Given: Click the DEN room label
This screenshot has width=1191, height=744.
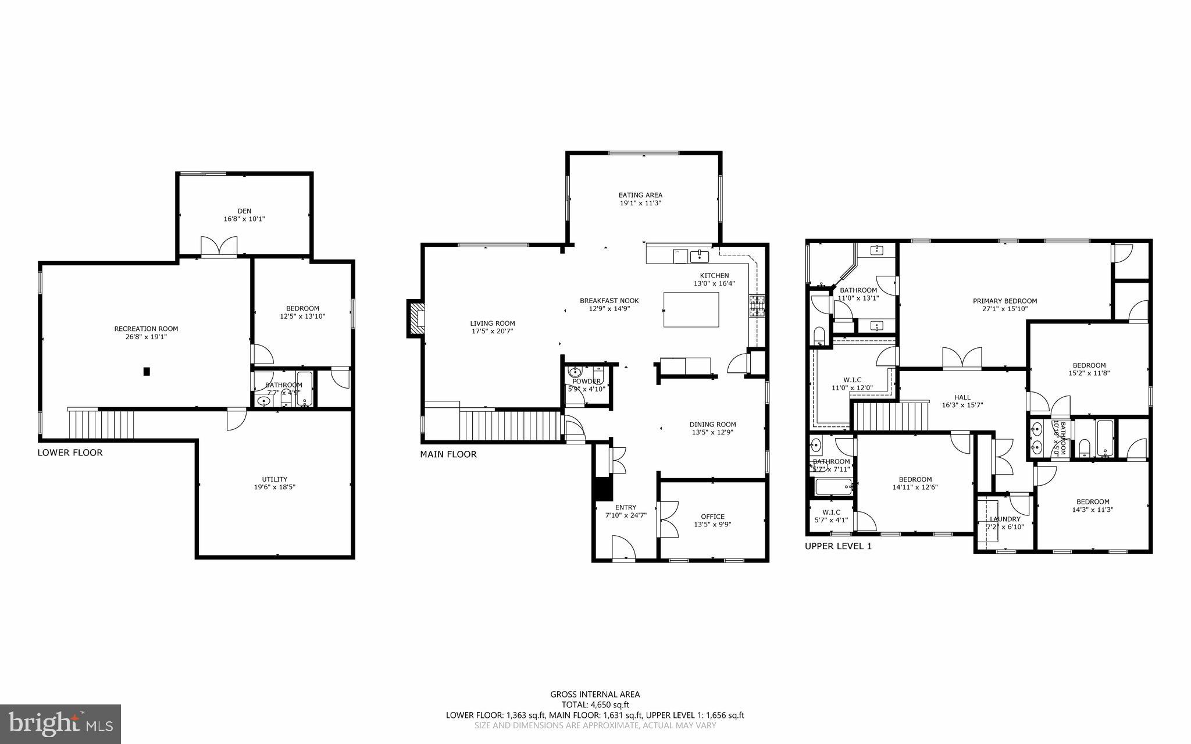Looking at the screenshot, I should click(244, 211).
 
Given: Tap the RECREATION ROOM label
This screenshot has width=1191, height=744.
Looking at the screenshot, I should click(146, 329).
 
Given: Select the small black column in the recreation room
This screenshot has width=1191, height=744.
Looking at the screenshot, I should click(147, 371).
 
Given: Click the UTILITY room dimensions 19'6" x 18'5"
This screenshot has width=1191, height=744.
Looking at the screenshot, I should click(274, 487).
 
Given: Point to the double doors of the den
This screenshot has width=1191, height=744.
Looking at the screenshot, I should click(219, 247).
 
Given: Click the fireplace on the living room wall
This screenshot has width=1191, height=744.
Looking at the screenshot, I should click(416, 318).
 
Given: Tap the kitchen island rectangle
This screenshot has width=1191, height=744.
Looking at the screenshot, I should click(691, 310).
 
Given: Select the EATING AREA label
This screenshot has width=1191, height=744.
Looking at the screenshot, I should click(640, 195).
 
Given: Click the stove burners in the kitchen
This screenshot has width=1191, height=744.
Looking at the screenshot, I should click(757, 306).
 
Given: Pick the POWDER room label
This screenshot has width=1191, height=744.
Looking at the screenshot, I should click(586, 382).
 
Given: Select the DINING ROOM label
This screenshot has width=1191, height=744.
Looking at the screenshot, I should click(712, 425).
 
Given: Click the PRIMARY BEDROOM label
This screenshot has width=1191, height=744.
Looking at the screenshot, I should click(1005, 301).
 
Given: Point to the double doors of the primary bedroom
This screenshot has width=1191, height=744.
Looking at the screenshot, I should click(962, 358).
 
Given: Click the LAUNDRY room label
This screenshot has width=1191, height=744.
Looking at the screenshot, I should click(1005, 519).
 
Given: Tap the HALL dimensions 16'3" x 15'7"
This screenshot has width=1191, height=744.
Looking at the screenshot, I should click(962, 405).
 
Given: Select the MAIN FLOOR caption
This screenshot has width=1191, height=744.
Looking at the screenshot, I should click(448, 454).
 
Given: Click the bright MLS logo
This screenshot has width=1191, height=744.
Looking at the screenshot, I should click(60, 724).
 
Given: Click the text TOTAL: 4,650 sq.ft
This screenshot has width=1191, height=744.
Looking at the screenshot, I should click(595, 704).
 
